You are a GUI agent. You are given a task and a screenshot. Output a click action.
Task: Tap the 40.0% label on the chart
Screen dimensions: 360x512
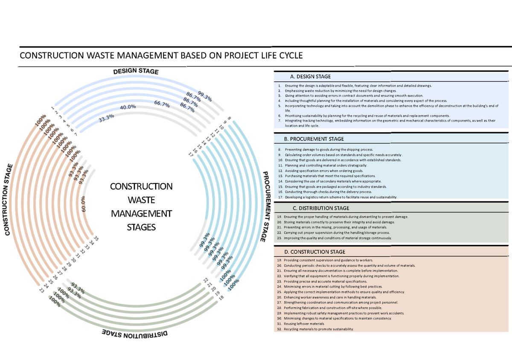coord(128,107)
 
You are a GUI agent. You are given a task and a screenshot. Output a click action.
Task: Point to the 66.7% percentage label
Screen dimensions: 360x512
coord(162,104)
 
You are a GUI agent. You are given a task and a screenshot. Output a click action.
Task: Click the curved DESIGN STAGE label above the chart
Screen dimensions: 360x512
coord(136,71)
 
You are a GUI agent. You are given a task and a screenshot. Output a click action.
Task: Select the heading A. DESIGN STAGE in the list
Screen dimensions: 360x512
coord(310,77)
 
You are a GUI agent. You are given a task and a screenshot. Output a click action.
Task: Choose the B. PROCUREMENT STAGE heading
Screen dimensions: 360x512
coord(314,139)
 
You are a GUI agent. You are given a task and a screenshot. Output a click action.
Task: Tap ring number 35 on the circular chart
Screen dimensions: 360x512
coord(96,239)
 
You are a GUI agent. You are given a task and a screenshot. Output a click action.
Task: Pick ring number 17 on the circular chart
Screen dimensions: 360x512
coord(190,155)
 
